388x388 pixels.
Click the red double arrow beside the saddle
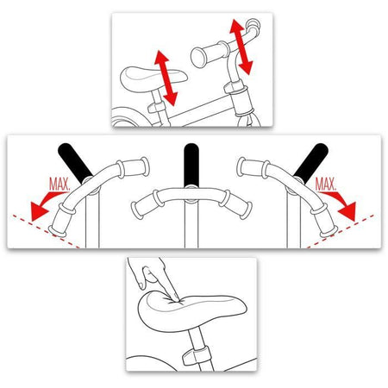coord(166,78)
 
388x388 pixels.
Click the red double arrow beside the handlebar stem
coord(241,47)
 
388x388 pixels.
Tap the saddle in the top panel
coord(153,78)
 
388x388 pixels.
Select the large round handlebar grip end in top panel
coord(198,58)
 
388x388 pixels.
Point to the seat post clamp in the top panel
coord(156,108)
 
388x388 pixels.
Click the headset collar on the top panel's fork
coord(235,87)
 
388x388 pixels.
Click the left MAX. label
coord(59,185)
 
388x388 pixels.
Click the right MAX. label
coord(326,185)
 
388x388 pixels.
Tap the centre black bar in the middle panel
coord(191,165)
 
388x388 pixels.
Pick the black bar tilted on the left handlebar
coord(75,163)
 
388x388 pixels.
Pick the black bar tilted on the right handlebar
coord(311,163)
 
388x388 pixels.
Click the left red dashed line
coord(46,231)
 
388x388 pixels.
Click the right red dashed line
coord(341,231)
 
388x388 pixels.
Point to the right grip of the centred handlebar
coord(236,204)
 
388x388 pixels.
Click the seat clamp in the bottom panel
coord(195,355)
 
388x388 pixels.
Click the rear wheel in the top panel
coord(127,116)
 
